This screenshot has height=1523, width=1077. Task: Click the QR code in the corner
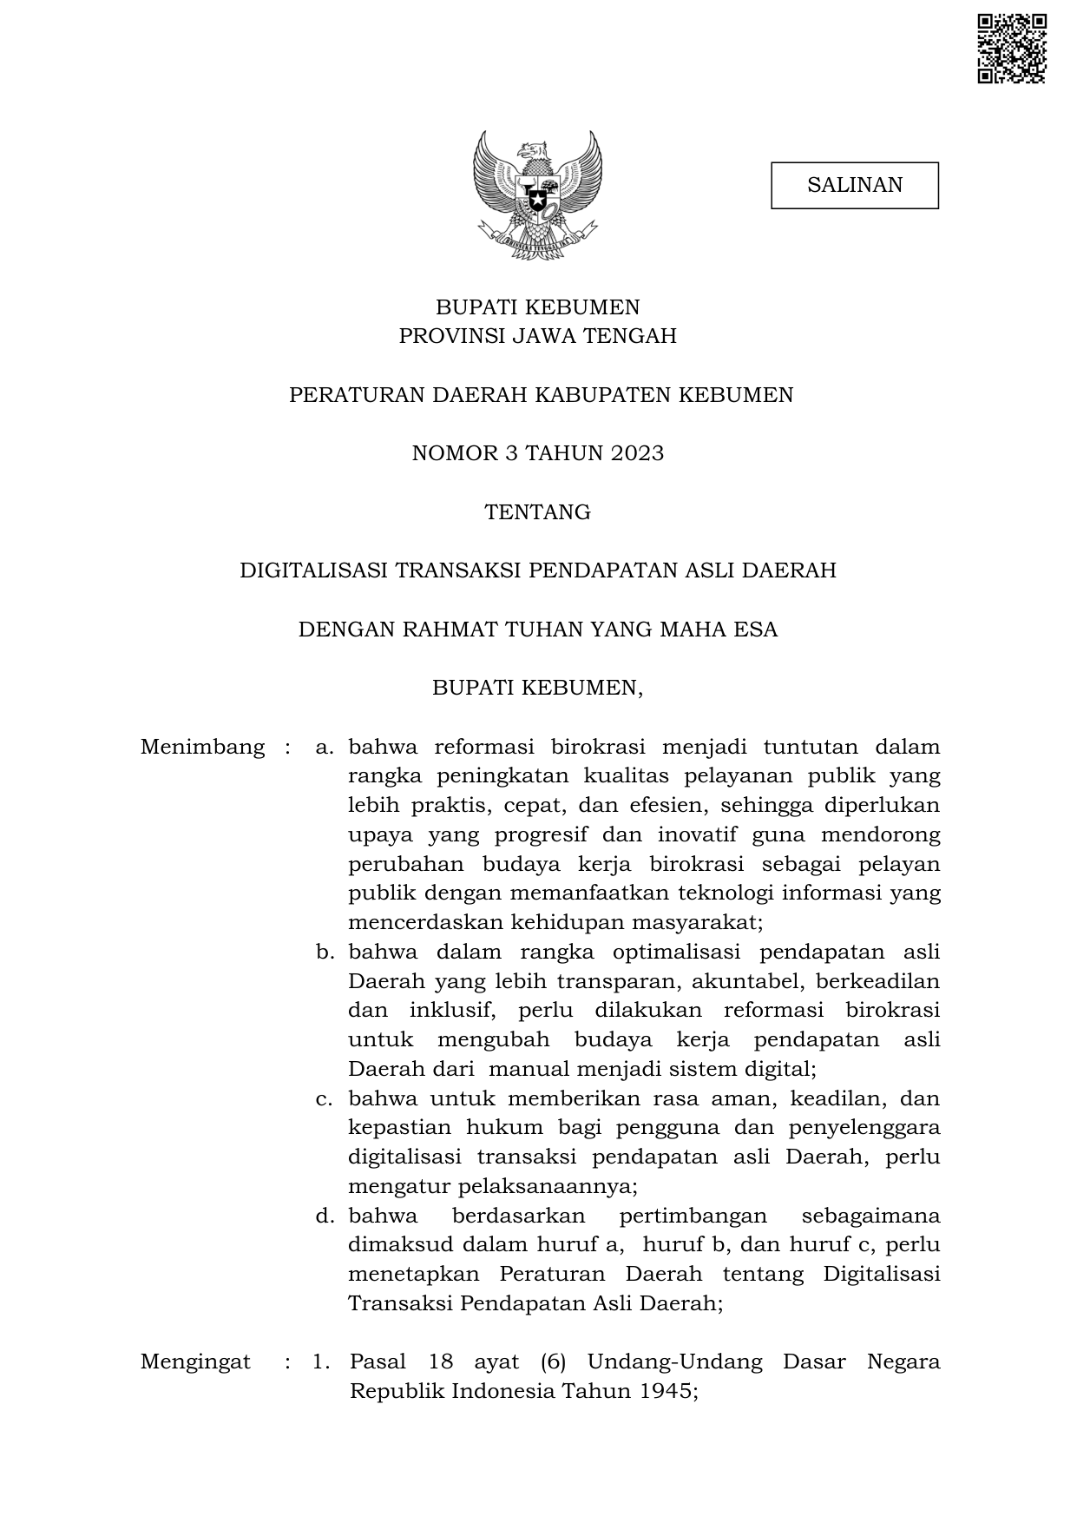point(1011,49)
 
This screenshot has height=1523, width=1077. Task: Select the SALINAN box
point(855,185)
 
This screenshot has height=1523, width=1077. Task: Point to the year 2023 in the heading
point(636,453)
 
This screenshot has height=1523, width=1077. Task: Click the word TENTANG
point(538,512)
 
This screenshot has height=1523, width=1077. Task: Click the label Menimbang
point(202,747)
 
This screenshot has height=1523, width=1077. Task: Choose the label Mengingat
point(195,1361)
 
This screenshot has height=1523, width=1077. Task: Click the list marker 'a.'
point(325,747)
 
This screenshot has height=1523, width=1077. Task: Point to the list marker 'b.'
point(325,952)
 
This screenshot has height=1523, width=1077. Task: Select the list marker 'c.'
point(325,1098)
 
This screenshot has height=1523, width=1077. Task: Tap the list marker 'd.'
point(325,1216)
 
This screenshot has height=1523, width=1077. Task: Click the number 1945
point(667,1391)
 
